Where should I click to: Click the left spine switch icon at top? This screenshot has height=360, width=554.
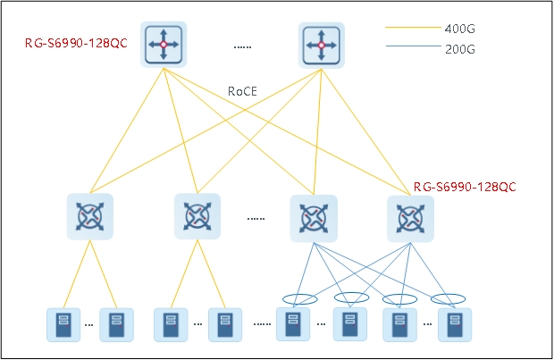click(163, 43)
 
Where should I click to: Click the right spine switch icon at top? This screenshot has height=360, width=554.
click(318, 43)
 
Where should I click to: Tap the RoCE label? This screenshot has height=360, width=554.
click(243, 90)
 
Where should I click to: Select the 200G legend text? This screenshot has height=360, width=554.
click(458, 48)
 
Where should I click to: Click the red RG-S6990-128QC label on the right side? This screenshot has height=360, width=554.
click(465, 187)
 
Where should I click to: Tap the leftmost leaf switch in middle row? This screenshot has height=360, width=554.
click(89, 216)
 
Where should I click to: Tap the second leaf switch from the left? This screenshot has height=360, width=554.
click(197, 216)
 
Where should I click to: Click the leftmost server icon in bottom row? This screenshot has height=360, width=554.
click(63, 325)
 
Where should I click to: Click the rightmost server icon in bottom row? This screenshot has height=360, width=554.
click(455, 325)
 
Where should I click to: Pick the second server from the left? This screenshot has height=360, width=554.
click(116, 325)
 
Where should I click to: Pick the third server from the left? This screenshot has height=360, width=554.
click(171, 325)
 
